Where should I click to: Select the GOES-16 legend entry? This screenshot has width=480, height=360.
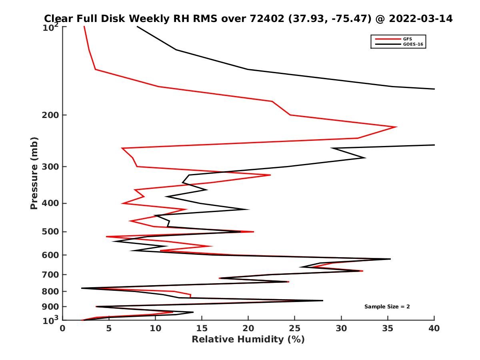(x=414, y=44)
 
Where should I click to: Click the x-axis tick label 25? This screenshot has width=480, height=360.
(x=295, y=328)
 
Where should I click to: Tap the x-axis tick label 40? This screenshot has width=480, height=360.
(x=434, y=328)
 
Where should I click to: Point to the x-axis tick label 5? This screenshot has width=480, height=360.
(x=109, y=328)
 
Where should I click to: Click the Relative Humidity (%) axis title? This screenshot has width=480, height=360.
(x=248, y=340)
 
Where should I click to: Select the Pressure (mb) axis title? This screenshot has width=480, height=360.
(x=34, y=173)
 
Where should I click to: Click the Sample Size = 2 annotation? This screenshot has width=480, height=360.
(x=387, y=307)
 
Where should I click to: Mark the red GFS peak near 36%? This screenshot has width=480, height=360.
(x=396, y=127)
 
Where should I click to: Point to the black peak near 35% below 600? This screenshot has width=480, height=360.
(x=390, y=259)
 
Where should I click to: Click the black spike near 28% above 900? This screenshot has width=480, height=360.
(x=322, y=300)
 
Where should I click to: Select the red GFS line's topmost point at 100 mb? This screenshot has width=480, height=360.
(x=84, y=26)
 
